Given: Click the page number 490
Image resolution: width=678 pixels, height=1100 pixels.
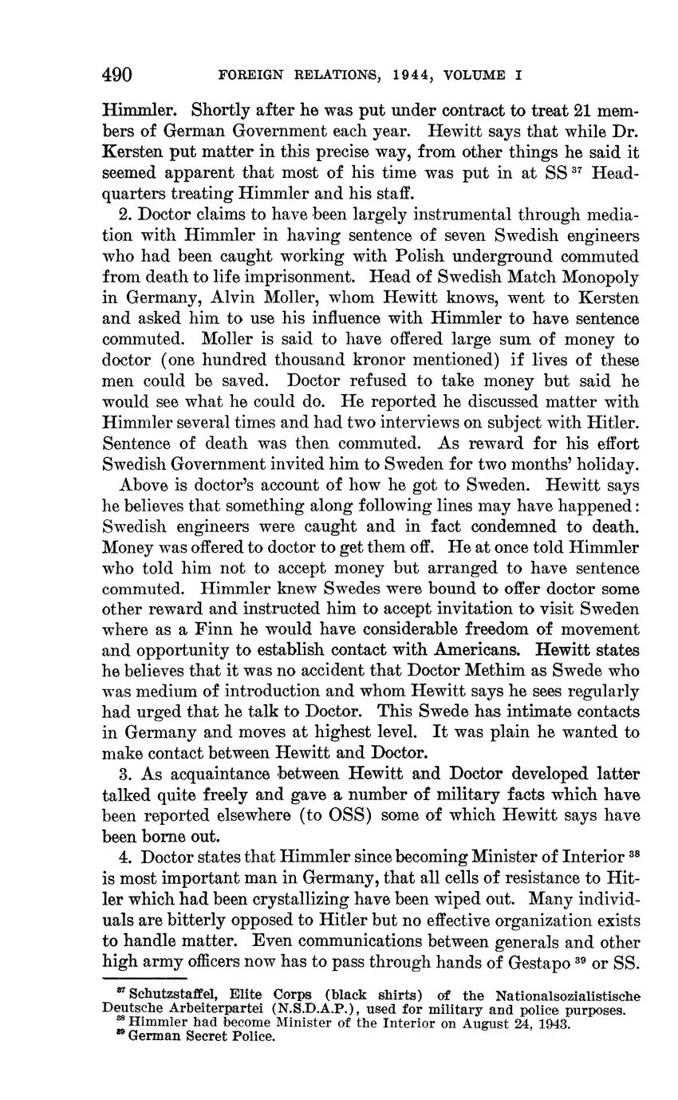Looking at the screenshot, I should click(116, 76).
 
